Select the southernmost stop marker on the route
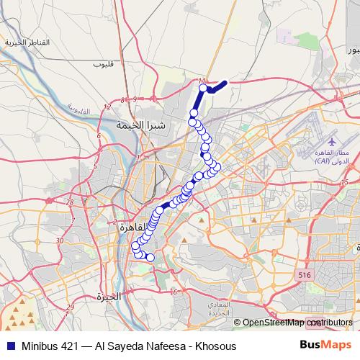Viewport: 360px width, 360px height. pyautogui.click(x=150, y=257)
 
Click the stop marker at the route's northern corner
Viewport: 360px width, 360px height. pyautogui.click(x=204, y=89)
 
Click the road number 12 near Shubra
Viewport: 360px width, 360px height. pyautogui.click(x=107, y=107)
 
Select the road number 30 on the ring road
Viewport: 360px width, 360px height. pyautogui.click(x=60, y=240)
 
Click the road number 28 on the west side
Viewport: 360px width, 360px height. pyautogui.click(x=70, y=202)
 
